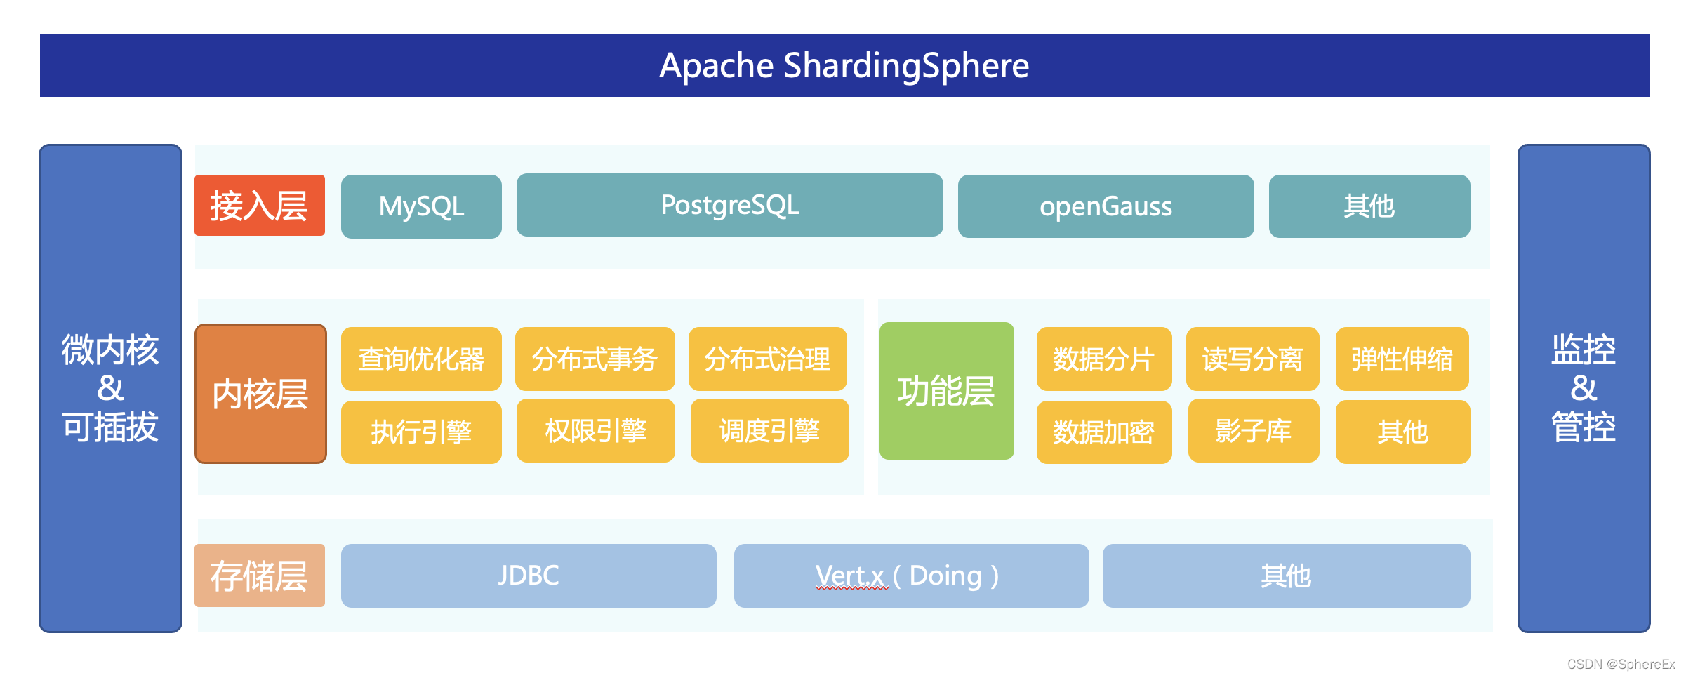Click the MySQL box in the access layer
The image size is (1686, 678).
click(421, 206)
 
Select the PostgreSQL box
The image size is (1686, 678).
click(729, 205)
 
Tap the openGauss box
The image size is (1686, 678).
click(1106, 206)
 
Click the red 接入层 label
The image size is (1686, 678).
click(260, 206)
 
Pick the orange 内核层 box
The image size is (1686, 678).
click(260, 394)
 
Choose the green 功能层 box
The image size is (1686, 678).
click(946, 391)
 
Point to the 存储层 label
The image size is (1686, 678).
click(260, 576)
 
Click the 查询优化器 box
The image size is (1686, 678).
click(421, 359)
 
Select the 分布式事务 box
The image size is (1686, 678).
click(595, 359)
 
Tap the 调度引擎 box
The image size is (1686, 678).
click(769, 431)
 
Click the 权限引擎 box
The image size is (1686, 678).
click(595, 431)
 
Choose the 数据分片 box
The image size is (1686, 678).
click(1103, 359)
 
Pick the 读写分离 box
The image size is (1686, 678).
click(1252, 359)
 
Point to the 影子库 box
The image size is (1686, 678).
click(1253, 431)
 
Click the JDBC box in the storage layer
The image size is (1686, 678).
click(529, 576)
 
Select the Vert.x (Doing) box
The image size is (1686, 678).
click(911, 576)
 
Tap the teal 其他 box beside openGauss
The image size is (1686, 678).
click(1369, 206)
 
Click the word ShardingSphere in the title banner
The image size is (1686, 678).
click(905, 66)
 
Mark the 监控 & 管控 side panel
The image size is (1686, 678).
click(1584, 388)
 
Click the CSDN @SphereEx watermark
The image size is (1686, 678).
click(1621, 664)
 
